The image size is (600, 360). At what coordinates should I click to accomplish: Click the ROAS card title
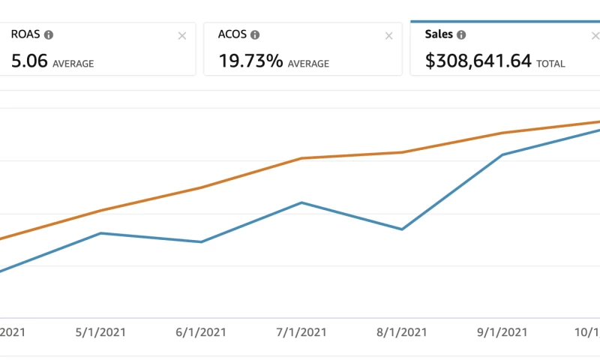click(x=25, y=34)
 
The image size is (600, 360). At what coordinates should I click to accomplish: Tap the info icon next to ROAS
click(x=49, y=34)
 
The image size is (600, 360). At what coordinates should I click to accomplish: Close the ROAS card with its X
click(x=181, y=36)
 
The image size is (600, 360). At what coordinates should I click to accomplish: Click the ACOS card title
click(x=232, y=34)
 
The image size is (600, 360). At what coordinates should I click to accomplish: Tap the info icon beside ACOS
click(x=255, y=34)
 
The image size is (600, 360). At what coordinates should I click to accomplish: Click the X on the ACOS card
click(x=388, y=36)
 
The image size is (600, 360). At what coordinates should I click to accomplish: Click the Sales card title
click(x=439, y=34)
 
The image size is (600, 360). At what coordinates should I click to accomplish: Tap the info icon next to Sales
click(x=461, y=34)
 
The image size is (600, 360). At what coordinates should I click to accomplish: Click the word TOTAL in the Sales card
click(x=550, y=64)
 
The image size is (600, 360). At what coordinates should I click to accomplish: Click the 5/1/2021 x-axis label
click(x=101, y=332)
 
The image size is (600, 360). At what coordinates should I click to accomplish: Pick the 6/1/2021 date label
click(x=201, y=332)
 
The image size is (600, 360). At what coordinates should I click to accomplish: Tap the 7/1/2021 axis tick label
click(x=301, y=332)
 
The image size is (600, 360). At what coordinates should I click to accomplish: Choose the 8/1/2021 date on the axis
click(x=402, y=332)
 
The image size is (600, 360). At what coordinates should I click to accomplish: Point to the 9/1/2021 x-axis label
click(x=502, y=332)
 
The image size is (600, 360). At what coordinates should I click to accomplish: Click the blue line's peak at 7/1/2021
click(x=301, y=202)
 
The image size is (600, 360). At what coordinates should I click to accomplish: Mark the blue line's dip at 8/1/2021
click(x=402, y=229)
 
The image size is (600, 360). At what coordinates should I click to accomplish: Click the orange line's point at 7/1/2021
click(x=301, y=158)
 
